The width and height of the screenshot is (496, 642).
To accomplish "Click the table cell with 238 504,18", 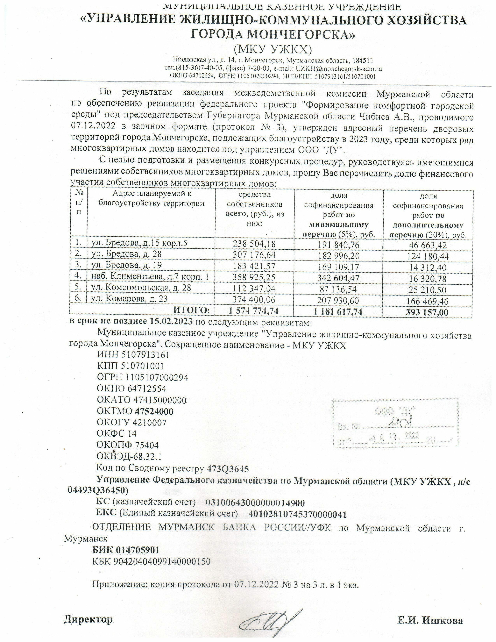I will pyautogui.click(x=254, y=244).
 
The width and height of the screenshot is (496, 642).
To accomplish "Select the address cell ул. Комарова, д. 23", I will pyautogui.click(x=130, y=299).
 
